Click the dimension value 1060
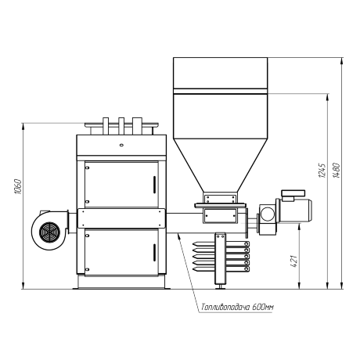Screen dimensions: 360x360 point(18,186)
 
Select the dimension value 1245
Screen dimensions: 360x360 point(322,171)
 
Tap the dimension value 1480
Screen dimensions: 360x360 point(337,171)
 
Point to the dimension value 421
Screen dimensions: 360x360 point(293,261)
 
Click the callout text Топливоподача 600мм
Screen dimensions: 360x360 point(237,307)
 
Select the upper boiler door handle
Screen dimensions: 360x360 point(154,185)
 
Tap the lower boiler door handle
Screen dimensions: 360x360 point(154,252)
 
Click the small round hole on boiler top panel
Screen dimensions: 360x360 point(121,145)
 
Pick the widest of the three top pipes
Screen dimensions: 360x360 point(137,126)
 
